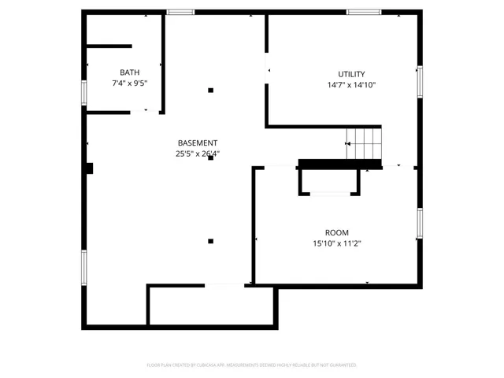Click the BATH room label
point(130,72)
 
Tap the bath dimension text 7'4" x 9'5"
point(130,83)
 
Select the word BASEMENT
point(197,143)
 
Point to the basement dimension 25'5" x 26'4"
point(197,154)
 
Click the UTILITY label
point(351,74)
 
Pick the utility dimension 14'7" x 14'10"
point(351,85)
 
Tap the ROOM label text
point(336,232)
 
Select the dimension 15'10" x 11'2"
point(336,243)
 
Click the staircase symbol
point(365,143)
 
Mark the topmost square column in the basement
point(210,91)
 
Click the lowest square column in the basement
point(210,241)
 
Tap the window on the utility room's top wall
point(364,12)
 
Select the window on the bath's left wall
point(83,91)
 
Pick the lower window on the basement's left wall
point(83,266)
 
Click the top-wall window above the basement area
point(180,12)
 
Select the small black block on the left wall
point(90,168)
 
